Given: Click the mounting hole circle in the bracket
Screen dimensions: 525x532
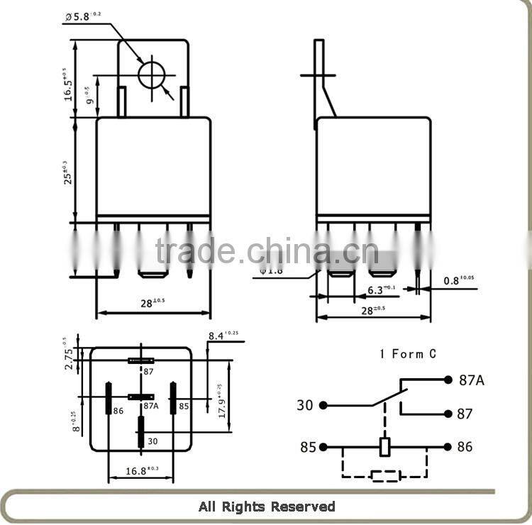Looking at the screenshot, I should pos(151,75).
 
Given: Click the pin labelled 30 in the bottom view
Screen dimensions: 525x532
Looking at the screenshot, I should pos(141,431).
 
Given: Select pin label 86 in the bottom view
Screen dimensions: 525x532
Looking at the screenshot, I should pos(118,411).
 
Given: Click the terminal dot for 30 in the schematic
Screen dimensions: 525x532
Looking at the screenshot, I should pos(323,405).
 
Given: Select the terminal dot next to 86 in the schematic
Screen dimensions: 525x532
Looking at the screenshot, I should pos(448,447).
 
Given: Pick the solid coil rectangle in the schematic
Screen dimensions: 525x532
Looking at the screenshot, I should pos(385,447).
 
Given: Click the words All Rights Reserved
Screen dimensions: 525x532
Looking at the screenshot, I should pos(266,507).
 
